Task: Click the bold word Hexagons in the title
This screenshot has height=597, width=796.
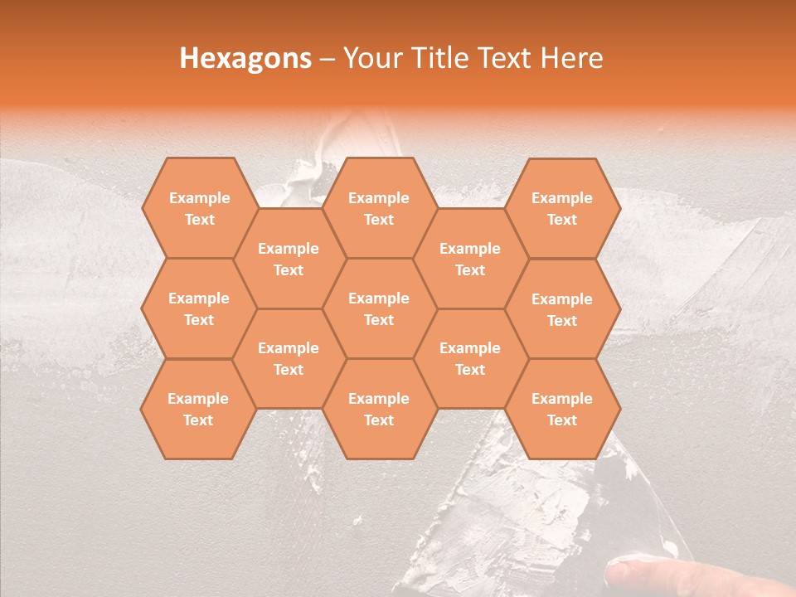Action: (246, 58)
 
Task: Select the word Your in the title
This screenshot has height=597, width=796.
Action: (372, 58)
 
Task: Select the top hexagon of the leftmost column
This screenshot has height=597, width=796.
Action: (199, 208)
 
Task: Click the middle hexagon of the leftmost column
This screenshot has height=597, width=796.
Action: (199, 308)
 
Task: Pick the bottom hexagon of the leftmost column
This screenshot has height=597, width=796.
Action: (198, 409)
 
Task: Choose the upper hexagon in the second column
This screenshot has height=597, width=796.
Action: (289, 259)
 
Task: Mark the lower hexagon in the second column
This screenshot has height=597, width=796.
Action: (289, 358)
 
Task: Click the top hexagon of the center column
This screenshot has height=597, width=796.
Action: (379, 208)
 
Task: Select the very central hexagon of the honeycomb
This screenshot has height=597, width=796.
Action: (379, 308)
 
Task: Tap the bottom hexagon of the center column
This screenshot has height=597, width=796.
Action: (379, 409)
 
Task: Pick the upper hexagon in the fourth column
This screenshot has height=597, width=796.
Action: (470, 259)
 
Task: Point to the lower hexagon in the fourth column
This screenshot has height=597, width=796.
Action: (470, 358)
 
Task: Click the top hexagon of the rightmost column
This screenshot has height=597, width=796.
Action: (562, 208)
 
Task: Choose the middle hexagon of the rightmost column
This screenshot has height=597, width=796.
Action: (562, 309)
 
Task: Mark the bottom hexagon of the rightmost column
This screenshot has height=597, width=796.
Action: (562, 409)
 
